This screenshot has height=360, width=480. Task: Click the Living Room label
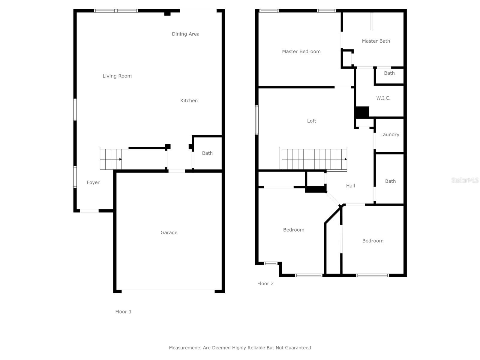click(117, 76)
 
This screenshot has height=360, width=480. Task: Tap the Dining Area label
click(185, 34)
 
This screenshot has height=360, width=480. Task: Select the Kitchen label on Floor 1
click(189, 100)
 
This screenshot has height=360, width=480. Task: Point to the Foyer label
click(93, 182)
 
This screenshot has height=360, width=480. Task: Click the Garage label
click(169, 232)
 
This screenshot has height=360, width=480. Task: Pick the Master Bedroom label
click(301, 52)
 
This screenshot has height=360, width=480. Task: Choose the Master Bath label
click(376, 41)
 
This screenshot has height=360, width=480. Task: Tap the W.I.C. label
click(383, 98)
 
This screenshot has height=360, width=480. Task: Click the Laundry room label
click(390, 135)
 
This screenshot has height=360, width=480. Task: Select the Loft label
click(312, 121)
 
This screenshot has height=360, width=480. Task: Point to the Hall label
click(350, 186)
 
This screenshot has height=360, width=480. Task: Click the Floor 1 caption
click(123, 312)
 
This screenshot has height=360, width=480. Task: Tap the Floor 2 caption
click(265, 284)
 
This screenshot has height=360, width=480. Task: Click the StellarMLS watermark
click(465, 180)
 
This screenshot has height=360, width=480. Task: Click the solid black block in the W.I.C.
click(362, 112)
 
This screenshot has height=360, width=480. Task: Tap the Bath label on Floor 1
click(207, 153)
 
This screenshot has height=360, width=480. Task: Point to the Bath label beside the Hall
click(390, 181)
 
